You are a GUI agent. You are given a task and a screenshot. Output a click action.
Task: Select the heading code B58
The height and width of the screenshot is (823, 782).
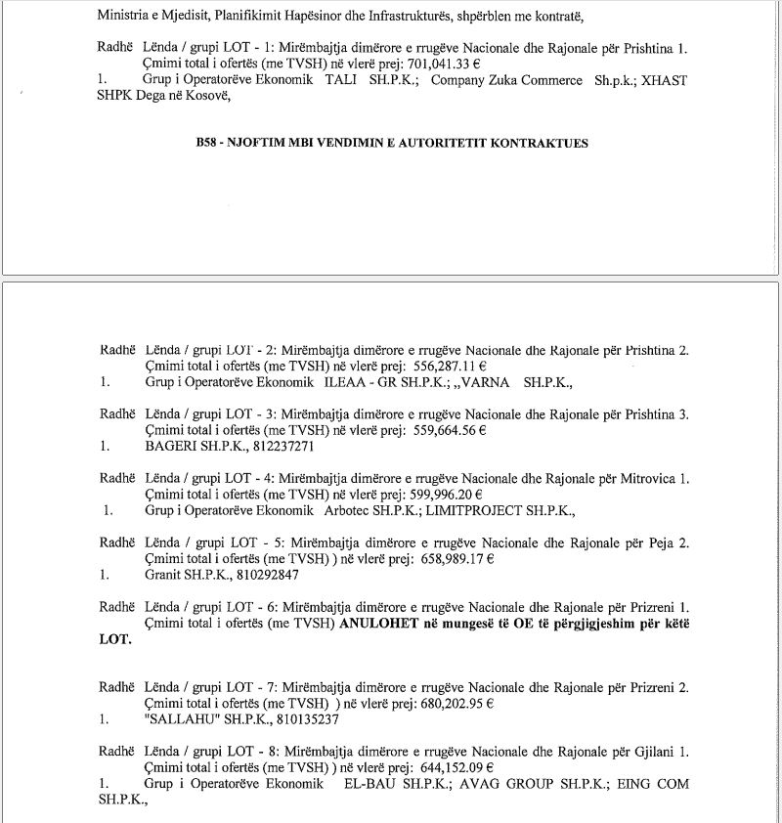point(209,143)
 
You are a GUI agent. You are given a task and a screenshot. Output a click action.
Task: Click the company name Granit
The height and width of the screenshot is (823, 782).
point(164,575)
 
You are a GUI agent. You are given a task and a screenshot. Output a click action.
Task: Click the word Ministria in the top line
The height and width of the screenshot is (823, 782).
point(124,16)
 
